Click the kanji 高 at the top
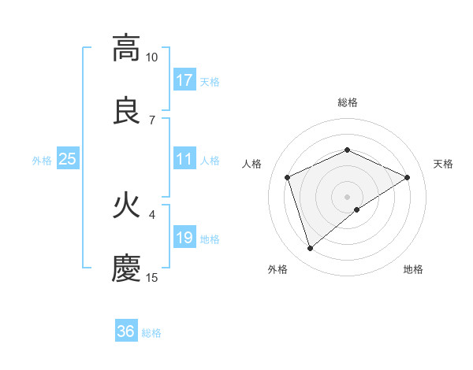pos(126,49)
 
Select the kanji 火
pos(126,206)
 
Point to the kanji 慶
pos(126,268)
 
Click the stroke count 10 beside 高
pos(151,57)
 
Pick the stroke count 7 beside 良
pos(151,120)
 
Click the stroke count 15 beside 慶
pos(151,277)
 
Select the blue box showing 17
pos(184,80)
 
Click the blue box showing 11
pos(184,159)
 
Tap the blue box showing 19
pos(184,238)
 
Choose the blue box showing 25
pos(67,159)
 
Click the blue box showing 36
pos(126,331)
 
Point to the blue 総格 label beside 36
pos(151,333)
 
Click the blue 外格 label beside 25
pos(42,161)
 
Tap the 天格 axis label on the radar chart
pos(444,164)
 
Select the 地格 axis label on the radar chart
pos(413,269)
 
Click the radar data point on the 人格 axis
pos(288,177)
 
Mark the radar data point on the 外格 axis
pos(310,249)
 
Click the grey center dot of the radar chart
pos(347,196)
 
